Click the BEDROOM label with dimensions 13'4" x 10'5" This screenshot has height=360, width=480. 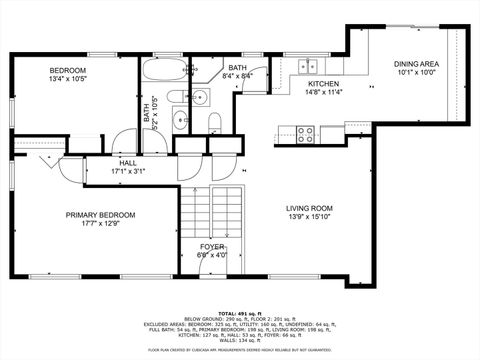point(69,70)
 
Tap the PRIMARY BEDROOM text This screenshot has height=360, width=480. point(100,214)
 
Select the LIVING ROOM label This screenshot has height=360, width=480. point(309,208)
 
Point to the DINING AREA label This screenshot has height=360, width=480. point(415,63)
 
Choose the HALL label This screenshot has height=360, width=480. point(128,162)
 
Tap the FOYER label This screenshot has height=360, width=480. point(212,245)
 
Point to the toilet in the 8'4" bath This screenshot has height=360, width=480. point(215,121)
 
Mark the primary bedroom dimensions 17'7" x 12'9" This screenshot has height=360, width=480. point(100,224)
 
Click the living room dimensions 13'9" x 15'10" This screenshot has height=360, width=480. point(309,218)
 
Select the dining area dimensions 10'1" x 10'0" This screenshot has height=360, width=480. point(415,72)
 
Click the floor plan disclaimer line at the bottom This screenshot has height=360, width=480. point(240,350)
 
